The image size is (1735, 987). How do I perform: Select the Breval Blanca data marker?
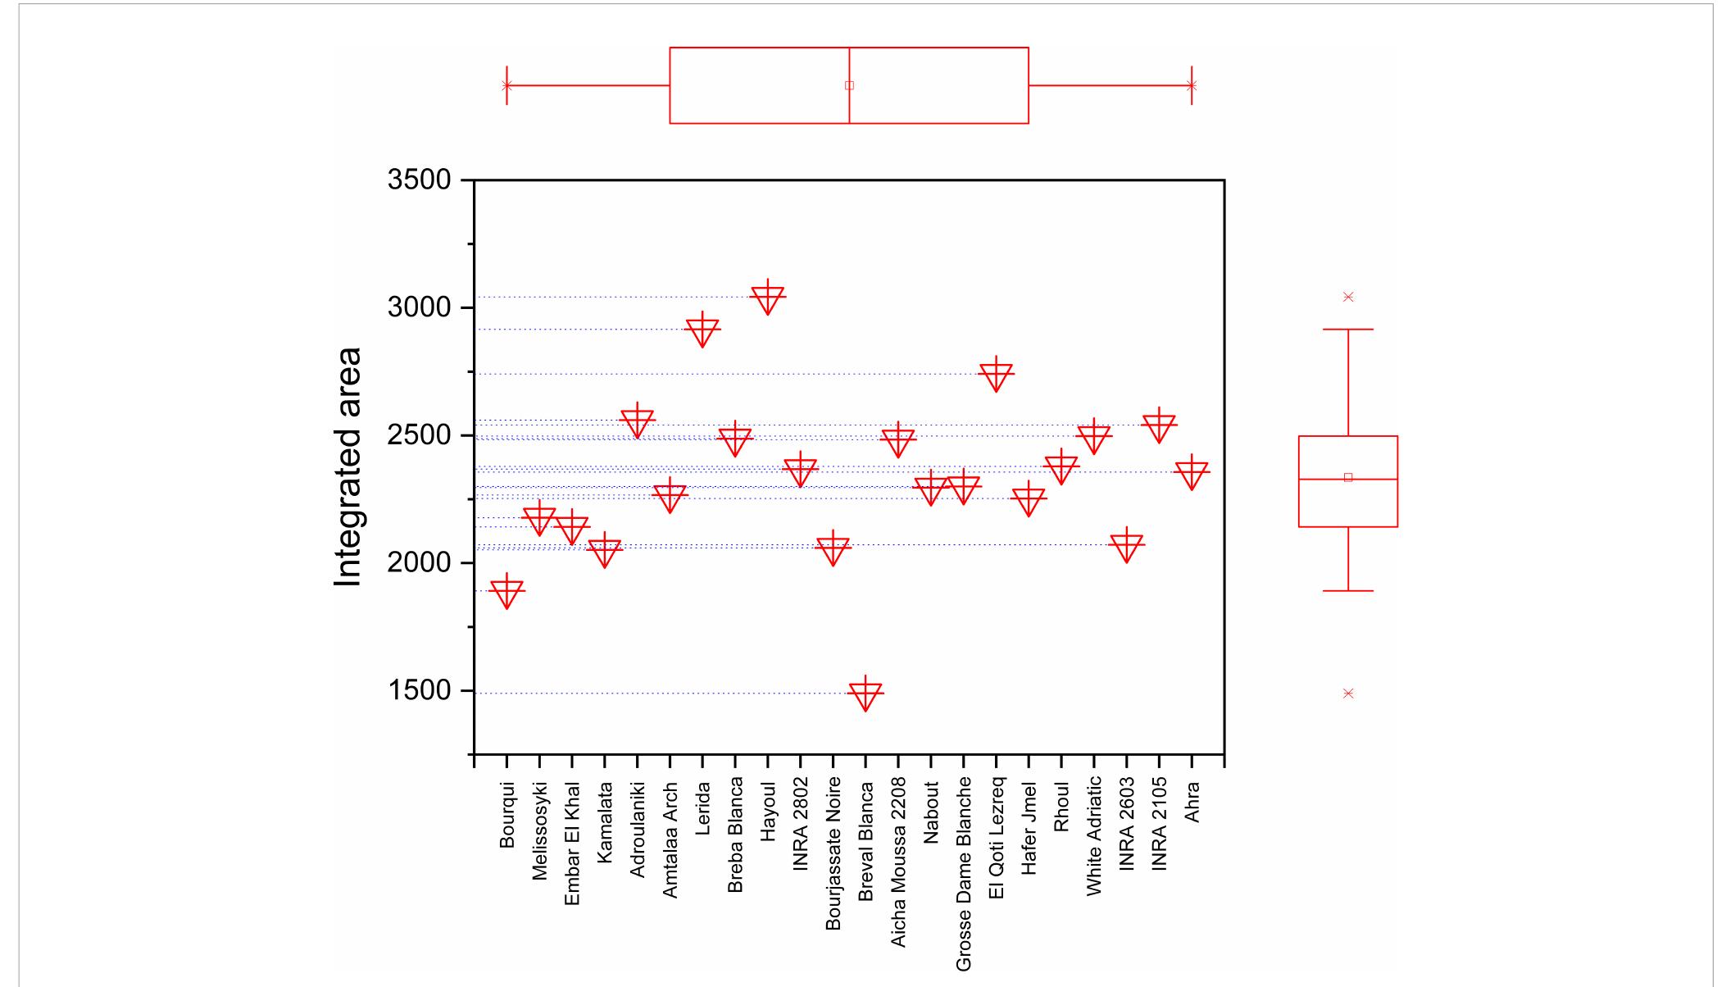coord(865,694)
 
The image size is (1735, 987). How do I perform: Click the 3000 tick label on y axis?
coord(419,307)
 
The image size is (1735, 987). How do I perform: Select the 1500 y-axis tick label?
coord(419,690)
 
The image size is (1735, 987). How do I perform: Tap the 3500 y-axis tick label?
coord(419,180)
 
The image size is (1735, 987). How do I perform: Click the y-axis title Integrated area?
coord(348,467)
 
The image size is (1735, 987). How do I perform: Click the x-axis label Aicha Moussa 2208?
coord(898,862)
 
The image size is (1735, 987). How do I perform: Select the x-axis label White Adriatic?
coord(1094,839)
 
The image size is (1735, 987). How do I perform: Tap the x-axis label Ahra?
coord(1192,803)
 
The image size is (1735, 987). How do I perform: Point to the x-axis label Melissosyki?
coord(539,831)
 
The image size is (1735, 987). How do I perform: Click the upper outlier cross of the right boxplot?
coord(1348,297)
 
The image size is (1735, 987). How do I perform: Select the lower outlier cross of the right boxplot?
coord(1348,694)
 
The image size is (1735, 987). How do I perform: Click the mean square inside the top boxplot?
coord(849,85)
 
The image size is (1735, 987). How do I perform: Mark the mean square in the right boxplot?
coord(1348,477)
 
